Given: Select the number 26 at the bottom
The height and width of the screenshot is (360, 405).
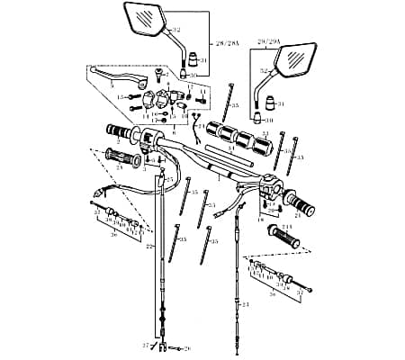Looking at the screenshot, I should click(x=187, y=346).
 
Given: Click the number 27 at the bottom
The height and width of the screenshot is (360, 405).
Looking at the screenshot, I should click(x=146, y=345).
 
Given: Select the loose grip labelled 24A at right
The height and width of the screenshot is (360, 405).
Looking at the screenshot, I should click(x=286, y=238).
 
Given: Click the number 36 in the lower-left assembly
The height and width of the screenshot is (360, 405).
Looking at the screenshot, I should click(x=113, y=235).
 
